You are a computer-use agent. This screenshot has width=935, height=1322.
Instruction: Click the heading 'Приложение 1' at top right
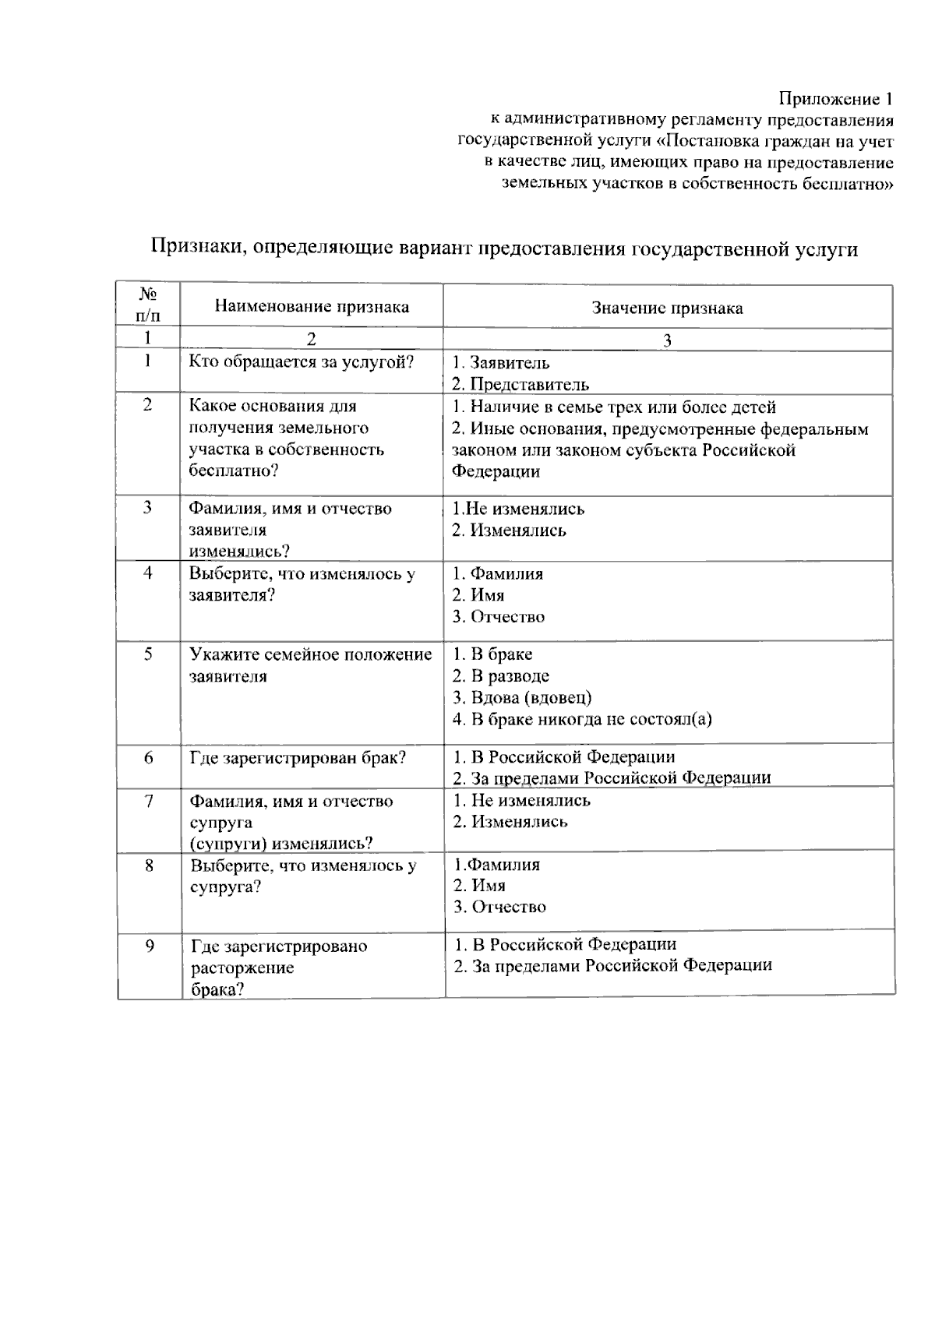click(x=835, y=100)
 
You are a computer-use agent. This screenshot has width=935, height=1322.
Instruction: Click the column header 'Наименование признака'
click(x=312, y=306)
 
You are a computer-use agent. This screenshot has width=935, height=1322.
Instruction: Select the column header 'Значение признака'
click(x=667, y=308)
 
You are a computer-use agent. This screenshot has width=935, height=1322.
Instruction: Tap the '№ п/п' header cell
click(x=148, y=305)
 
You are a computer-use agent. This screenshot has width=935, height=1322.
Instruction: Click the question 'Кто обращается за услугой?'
click(x=302, y=361)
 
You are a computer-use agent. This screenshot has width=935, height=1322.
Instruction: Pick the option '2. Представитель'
click(x=520, y=384)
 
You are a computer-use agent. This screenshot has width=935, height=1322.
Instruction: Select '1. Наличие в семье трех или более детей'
click(x=614, y=407)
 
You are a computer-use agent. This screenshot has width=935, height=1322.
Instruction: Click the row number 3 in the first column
click(x=148, y=508)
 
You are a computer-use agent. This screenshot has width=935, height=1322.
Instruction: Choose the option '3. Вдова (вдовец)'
click(x=522, y=697)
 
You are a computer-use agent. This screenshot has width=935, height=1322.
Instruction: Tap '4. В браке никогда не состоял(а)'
click(x=582, y=718)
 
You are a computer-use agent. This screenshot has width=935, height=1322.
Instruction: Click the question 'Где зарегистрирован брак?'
click(x=298, y=757)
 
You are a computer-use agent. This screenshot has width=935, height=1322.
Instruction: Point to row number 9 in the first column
click(x=150, y=946)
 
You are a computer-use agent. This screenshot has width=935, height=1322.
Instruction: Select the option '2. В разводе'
click(x=501, y=675)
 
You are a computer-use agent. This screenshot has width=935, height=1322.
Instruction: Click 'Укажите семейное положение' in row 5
click(x=311, y=654)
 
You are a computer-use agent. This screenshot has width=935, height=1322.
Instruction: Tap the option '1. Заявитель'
click(x=501, y=362)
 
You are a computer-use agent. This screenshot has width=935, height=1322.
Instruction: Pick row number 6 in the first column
click(x=149, y=757)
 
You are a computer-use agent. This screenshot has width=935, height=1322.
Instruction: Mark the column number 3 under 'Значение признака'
click(x=667, y=340)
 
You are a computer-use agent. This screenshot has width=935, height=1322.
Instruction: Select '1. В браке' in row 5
click(x=492, y=654)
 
